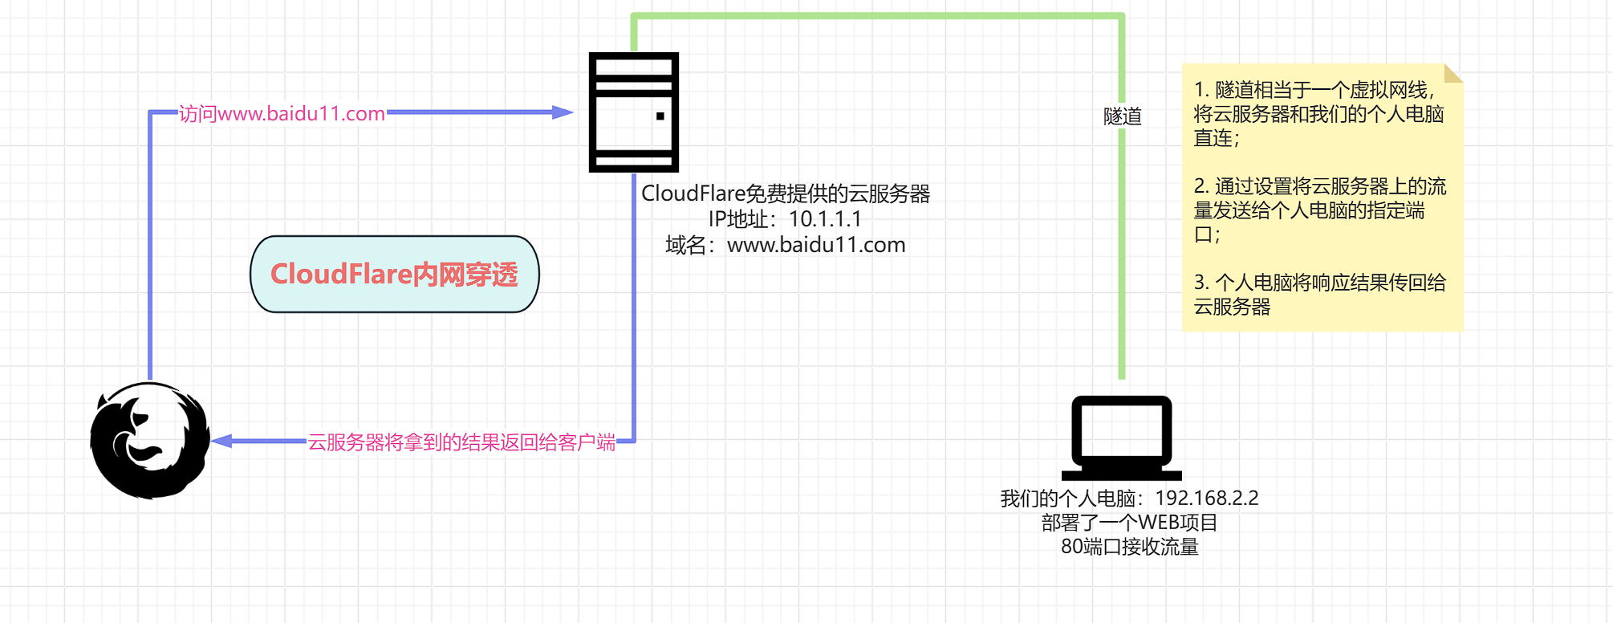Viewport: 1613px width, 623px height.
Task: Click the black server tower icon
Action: (x=633, y=112)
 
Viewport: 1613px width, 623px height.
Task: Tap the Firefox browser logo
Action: (x=150, y=440)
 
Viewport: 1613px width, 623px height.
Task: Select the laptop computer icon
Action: (x=1121, y=438)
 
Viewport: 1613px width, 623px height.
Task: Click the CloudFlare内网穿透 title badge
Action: (x=394, y=274)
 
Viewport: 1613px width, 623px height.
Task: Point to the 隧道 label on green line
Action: (x=1122, y=116)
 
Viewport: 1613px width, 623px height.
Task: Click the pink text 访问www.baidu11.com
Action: (x=282, y=114)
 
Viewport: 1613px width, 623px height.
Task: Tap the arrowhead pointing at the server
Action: (x=563, y=112)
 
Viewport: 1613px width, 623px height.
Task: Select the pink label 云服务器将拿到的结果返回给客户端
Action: (x=461, y=442)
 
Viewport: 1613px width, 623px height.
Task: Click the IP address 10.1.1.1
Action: (x=824, y=219)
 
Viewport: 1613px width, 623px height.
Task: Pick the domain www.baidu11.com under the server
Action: (x=815, y=245)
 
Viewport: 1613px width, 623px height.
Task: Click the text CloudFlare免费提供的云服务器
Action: (x=785, y=193)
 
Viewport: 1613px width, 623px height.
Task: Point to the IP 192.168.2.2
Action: (x=1206, y=499)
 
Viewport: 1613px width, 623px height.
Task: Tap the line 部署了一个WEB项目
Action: (x=1129, y=523)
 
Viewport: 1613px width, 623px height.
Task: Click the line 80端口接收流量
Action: (x=1129, y=547)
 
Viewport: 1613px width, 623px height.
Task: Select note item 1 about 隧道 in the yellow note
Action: (x=1318, y=114)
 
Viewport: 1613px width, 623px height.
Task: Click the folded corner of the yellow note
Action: (x=1453, y=73)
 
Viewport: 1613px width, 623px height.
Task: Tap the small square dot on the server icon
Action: (x=660, y=116)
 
